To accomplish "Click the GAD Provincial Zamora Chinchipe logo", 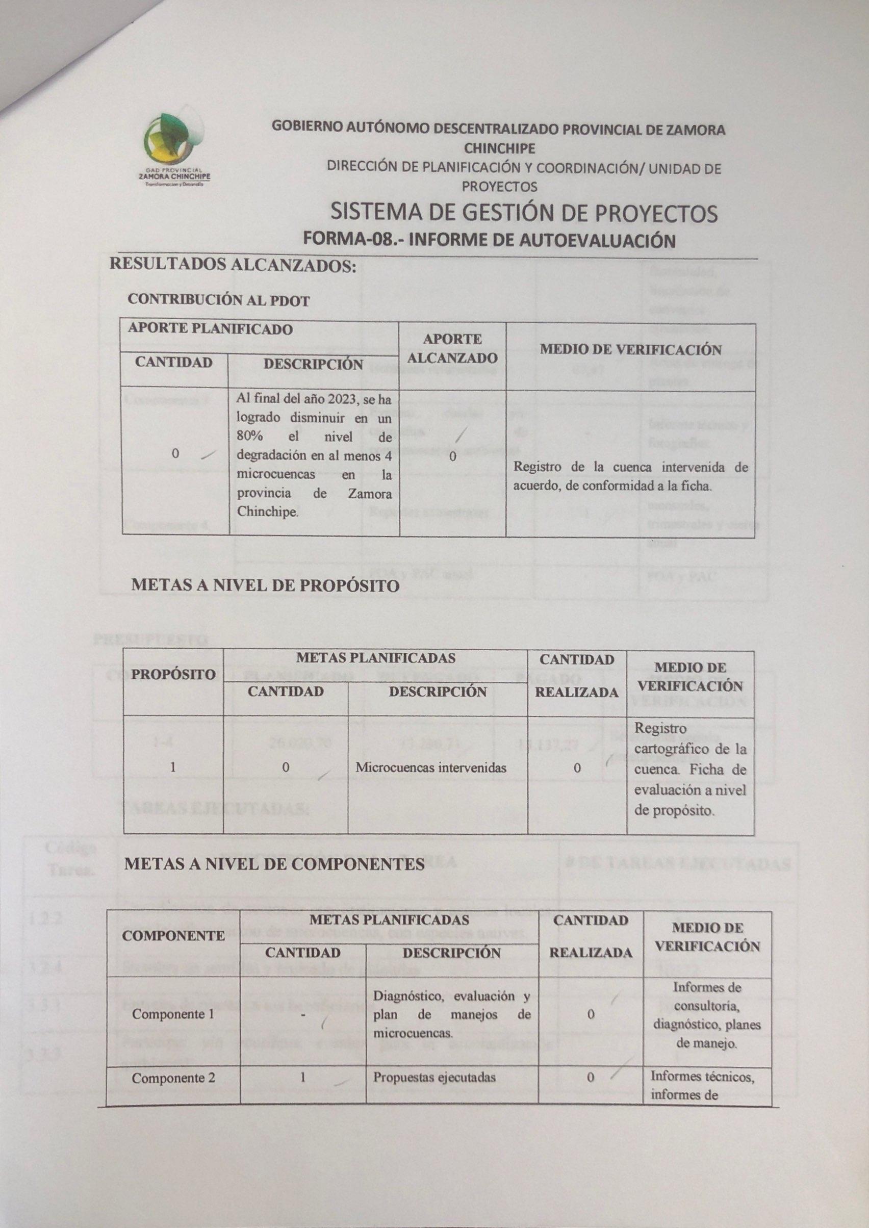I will click(x=174, y=150).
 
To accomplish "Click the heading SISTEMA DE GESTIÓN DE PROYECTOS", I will click(x=524, y=214).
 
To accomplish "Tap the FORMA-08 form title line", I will click(x=489, y=239).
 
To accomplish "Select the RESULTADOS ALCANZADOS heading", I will click(x=233, y=265).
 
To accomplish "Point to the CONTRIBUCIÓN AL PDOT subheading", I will click(x=218, y=301).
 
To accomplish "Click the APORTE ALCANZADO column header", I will click(x=452, y=348).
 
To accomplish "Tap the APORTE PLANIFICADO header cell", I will click(x=210, y=328).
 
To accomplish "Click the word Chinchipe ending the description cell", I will click(x=267, y=511).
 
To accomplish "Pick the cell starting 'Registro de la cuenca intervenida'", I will click(x=630, y=476).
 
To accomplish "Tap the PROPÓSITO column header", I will click(x=173, y=674).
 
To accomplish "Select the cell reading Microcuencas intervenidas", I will click(x=431, y=767).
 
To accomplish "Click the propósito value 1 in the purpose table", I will click(x=173, y=767).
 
